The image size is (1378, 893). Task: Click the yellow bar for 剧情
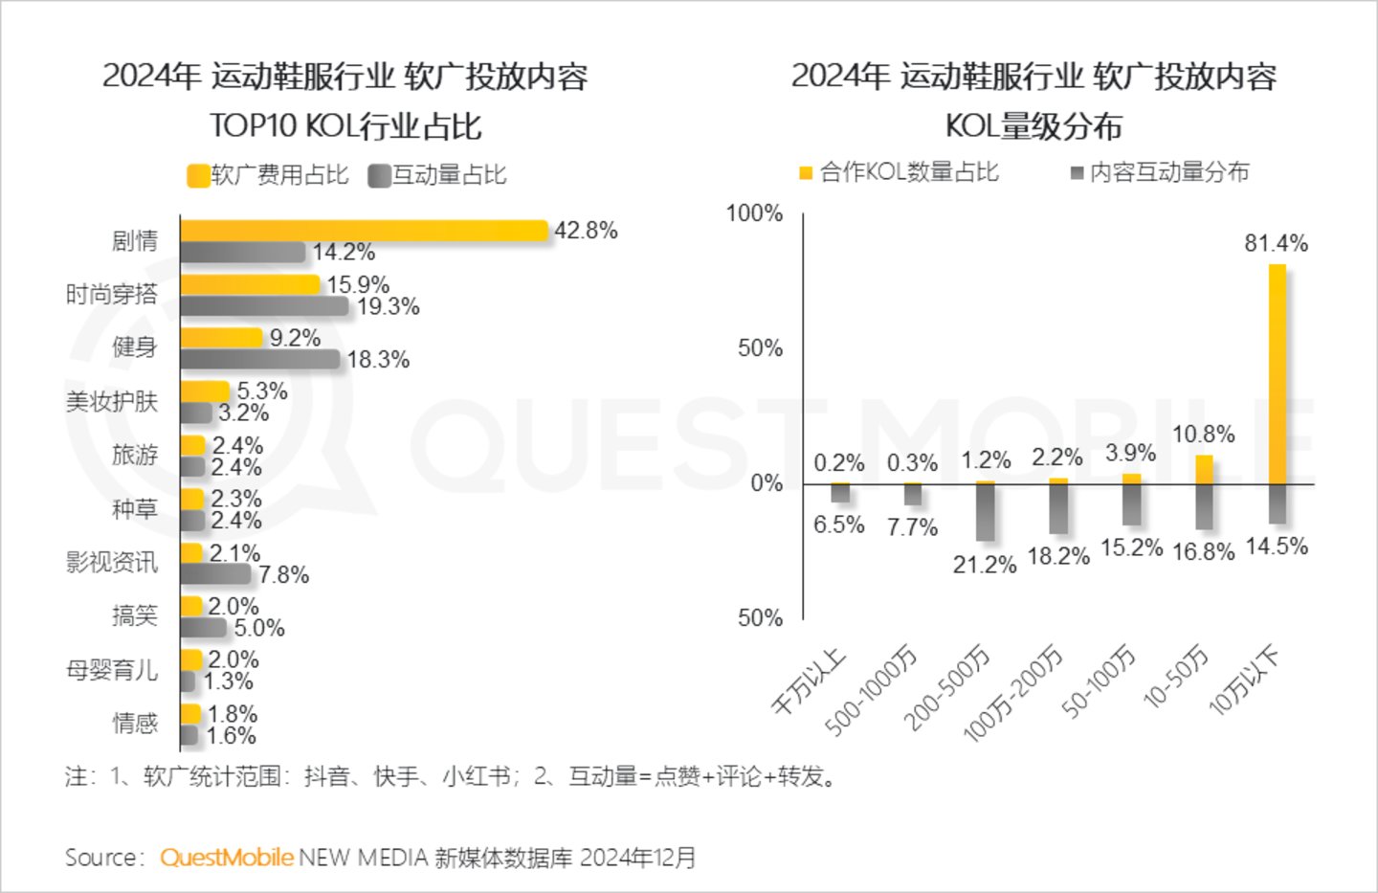(364, 231)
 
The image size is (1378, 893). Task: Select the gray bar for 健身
(260, 360)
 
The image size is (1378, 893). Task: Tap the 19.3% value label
(388, 307)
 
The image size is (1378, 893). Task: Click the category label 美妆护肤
(111, 402)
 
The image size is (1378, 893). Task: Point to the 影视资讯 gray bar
(216, 574)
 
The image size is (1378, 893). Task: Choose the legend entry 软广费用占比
(268, 175)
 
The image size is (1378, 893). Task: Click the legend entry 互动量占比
(437, 175)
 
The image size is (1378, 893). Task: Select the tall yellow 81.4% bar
(1278, 373)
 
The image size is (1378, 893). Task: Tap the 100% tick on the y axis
(754, 213)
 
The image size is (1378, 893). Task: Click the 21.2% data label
(984, 565)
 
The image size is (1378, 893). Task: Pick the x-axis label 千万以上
(810, 681)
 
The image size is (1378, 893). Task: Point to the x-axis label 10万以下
(1244, 681)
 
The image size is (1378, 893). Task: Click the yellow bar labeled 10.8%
(1204, 469)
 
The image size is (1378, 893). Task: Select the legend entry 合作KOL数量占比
(900, 172)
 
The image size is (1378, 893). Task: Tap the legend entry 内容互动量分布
(1160, 172)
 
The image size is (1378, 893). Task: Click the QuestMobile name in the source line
(226, 858)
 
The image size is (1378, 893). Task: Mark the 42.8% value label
(586, 231)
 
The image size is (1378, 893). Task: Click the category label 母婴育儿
(111, 670)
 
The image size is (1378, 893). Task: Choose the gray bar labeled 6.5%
(840, 493)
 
